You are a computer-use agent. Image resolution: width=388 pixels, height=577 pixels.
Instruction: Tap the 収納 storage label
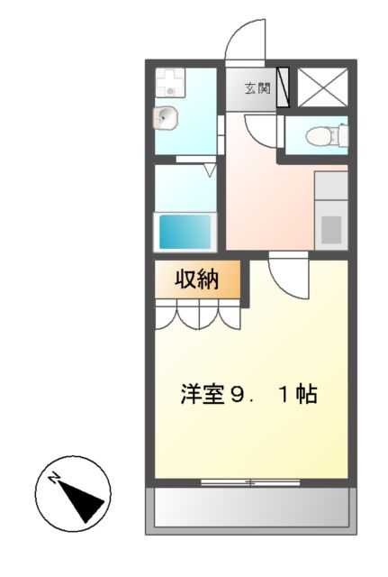tap(196, 280)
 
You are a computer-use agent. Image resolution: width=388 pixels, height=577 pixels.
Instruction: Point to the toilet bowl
tap(317, 136)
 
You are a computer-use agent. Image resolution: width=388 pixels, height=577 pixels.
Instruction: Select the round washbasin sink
tap(166, 117)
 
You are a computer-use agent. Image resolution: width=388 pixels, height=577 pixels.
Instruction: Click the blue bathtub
tap(185, 231)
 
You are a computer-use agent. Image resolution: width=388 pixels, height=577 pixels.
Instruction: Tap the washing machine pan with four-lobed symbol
tap(168, 84)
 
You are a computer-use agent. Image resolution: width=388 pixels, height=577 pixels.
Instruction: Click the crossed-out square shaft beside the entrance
tap(320, 87)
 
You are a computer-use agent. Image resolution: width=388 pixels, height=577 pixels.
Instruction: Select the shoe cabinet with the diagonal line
tap(283, 88)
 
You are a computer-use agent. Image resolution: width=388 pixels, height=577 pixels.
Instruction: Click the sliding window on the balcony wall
tap(249, 482)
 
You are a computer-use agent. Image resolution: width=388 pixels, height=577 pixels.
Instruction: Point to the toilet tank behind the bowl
tap(339, 135)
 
